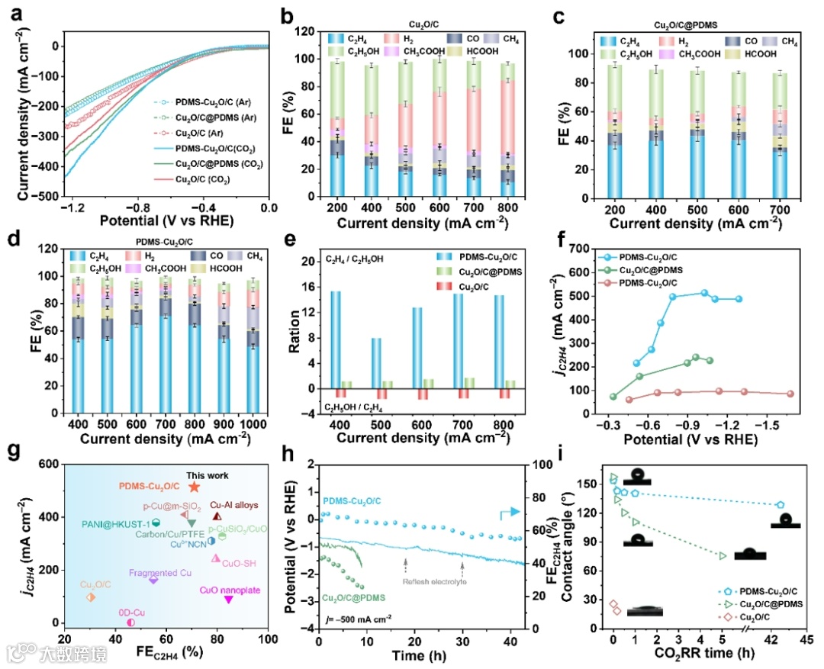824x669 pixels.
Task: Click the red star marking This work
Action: pyautogui.click(x=194, y=487)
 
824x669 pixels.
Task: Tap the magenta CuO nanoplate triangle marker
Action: pyautogui.click(x=228, y=600)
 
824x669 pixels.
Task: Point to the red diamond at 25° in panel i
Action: pyautogui.click(x=613, y=604)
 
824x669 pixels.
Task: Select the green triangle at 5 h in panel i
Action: pyautogui.click(x=723, y=555)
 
